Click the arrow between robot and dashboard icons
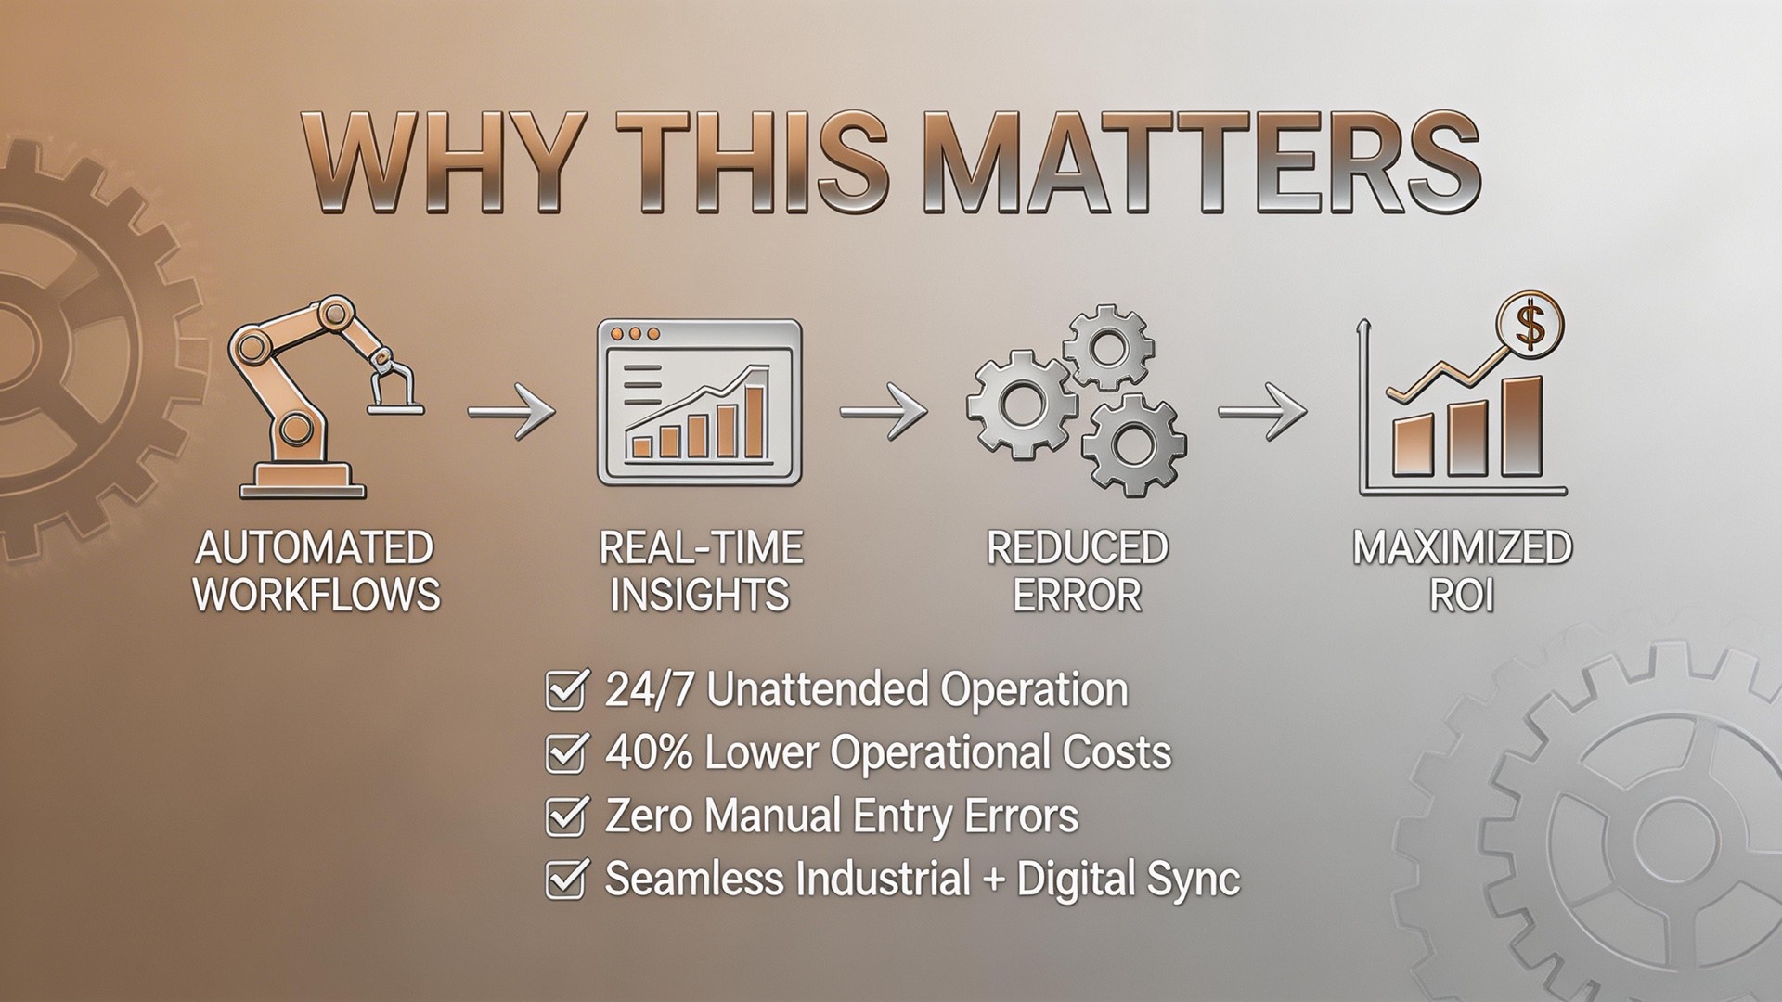(x=510, y=409)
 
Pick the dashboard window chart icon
(x=699, y=403)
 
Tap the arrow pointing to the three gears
(x=883, y=409)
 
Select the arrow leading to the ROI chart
(x=1261, y=409)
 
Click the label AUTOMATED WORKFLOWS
(x=316, y=571)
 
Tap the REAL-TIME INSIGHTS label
(x=700, y=571)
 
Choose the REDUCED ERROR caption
(x=1077, y=571)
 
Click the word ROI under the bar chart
(x=1462, y=595)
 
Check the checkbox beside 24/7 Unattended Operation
(x=564, y=690)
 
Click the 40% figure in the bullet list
(x=649, y=752)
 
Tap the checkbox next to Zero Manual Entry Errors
(x=564, y=816)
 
